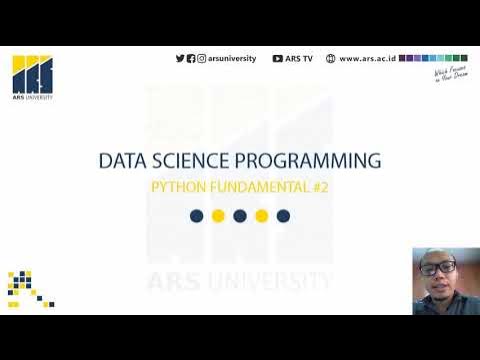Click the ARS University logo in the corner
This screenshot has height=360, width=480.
click(x=32, y=76)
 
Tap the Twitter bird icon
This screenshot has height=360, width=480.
click(x=180, y=59)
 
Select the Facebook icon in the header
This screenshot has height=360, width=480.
click(x=191, y=59)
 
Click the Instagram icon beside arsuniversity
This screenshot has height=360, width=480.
click(x=202, y=59)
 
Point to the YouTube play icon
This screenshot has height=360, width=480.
click(x=277, y=59)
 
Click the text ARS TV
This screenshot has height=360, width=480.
click(x=299, y=59)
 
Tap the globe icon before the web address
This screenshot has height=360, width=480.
click(x=331, y=59)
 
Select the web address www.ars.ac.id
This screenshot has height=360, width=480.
click(x=367, y=59)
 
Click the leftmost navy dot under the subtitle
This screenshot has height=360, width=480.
click(x=197, y=216)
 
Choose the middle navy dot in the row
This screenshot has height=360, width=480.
click(x=240, y=216)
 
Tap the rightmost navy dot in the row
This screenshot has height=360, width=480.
click(x=283, y=216)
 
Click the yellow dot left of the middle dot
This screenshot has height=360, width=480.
click(x=218, y=216)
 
